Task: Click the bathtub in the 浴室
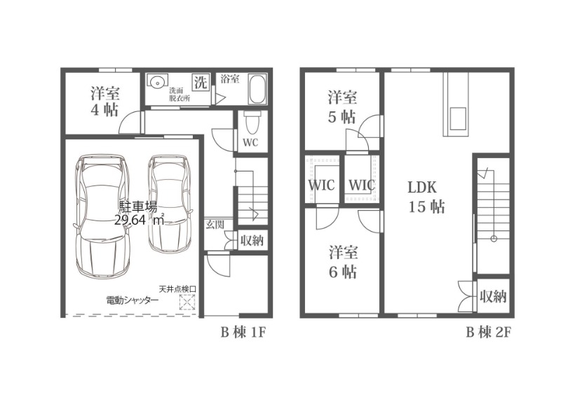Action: coord(257,89)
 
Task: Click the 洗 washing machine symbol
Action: coord(201,83)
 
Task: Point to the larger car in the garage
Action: coord(102,216)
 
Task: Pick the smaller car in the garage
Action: coord(169,204)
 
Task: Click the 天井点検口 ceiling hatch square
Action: coord(187,302)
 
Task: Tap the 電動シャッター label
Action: coord(133,300)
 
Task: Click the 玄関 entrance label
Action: coord(215,225)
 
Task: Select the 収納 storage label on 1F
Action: coord(252,240)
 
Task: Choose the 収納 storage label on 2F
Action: coord(494,296)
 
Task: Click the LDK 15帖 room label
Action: coord(427,197)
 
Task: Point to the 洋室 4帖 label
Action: coord(104,101)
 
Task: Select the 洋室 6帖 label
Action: coord(343,262)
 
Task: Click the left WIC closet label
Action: coord(322,185)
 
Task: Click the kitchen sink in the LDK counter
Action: coord(458,118)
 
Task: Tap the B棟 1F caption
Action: coord(243,333)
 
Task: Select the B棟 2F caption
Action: coord(488,333)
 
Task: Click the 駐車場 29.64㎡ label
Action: coord(139,213)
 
